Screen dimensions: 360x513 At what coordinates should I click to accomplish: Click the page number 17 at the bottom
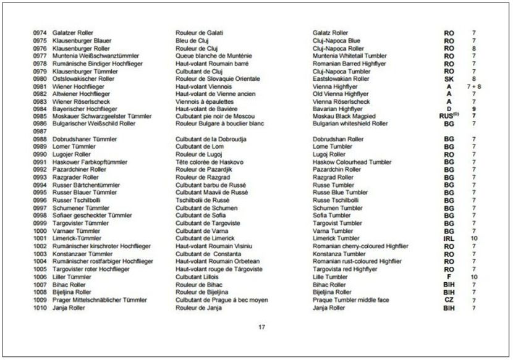click(x=261, y=327)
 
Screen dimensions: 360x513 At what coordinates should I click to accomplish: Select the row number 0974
click(x=40, y=33)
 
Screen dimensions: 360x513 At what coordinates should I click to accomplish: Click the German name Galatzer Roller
click(x=72, y=33)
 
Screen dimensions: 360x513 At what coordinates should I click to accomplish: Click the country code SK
click(x=449, y=78)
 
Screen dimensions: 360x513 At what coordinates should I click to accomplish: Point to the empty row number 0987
click(x=40, y=132)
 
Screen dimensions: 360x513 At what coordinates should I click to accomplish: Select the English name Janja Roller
click(x=329, y=307)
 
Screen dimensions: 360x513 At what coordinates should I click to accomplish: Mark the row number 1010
click(x=40, y=307)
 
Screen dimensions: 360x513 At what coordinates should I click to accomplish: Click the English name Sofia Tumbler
click(x=331, y=216)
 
